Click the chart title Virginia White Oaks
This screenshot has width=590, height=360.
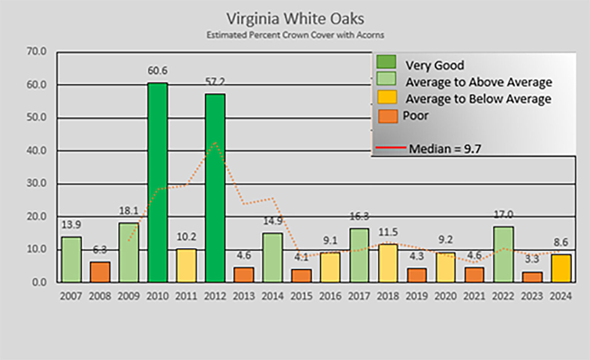coord(295,18)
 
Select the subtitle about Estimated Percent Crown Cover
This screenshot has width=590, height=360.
coord(295,35)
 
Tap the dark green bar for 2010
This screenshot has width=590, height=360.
coord(157,182)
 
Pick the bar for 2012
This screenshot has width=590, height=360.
coord(215,188)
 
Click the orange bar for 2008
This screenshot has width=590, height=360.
coord(100,272)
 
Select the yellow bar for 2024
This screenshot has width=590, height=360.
coord(561,268)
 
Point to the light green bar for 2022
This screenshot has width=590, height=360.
coord(503,254)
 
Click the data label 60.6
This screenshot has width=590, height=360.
coord(157,71)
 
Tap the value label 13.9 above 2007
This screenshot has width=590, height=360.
coord(71,225)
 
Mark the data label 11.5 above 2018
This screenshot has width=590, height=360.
coord(388,232)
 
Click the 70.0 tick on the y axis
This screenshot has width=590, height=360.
coord(36,51)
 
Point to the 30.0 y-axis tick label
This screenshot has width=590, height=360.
coord(36,183)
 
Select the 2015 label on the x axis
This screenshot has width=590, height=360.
coord(302,296)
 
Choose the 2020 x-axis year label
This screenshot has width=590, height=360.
coord(446,296)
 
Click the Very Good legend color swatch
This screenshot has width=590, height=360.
coord(386,62)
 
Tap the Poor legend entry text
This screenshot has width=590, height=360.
coord(415,116)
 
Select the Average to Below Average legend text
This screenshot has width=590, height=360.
coord(478,99)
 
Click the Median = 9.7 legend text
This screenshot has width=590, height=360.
coord(445,149)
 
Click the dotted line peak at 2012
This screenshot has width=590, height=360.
coord(215,143)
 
